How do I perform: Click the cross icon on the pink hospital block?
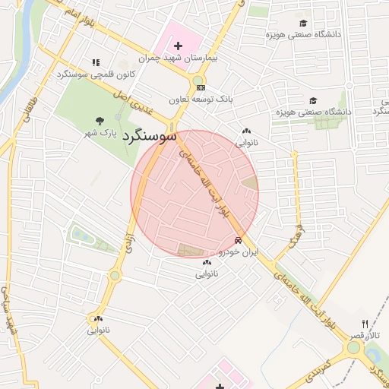(179, 46)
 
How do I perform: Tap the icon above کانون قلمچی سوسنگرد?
(96, 62)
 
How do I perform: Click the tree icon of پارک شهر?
(99, 121)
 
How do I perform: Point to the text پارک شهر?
(102, 133)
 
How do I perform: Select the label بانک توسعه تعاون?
(201, 100)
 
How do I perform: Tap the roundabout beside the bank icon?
(198, 79)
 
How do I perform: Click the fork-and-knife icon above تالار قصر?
(365, 324)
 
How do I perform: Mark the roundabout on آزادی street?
(115, 275)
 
